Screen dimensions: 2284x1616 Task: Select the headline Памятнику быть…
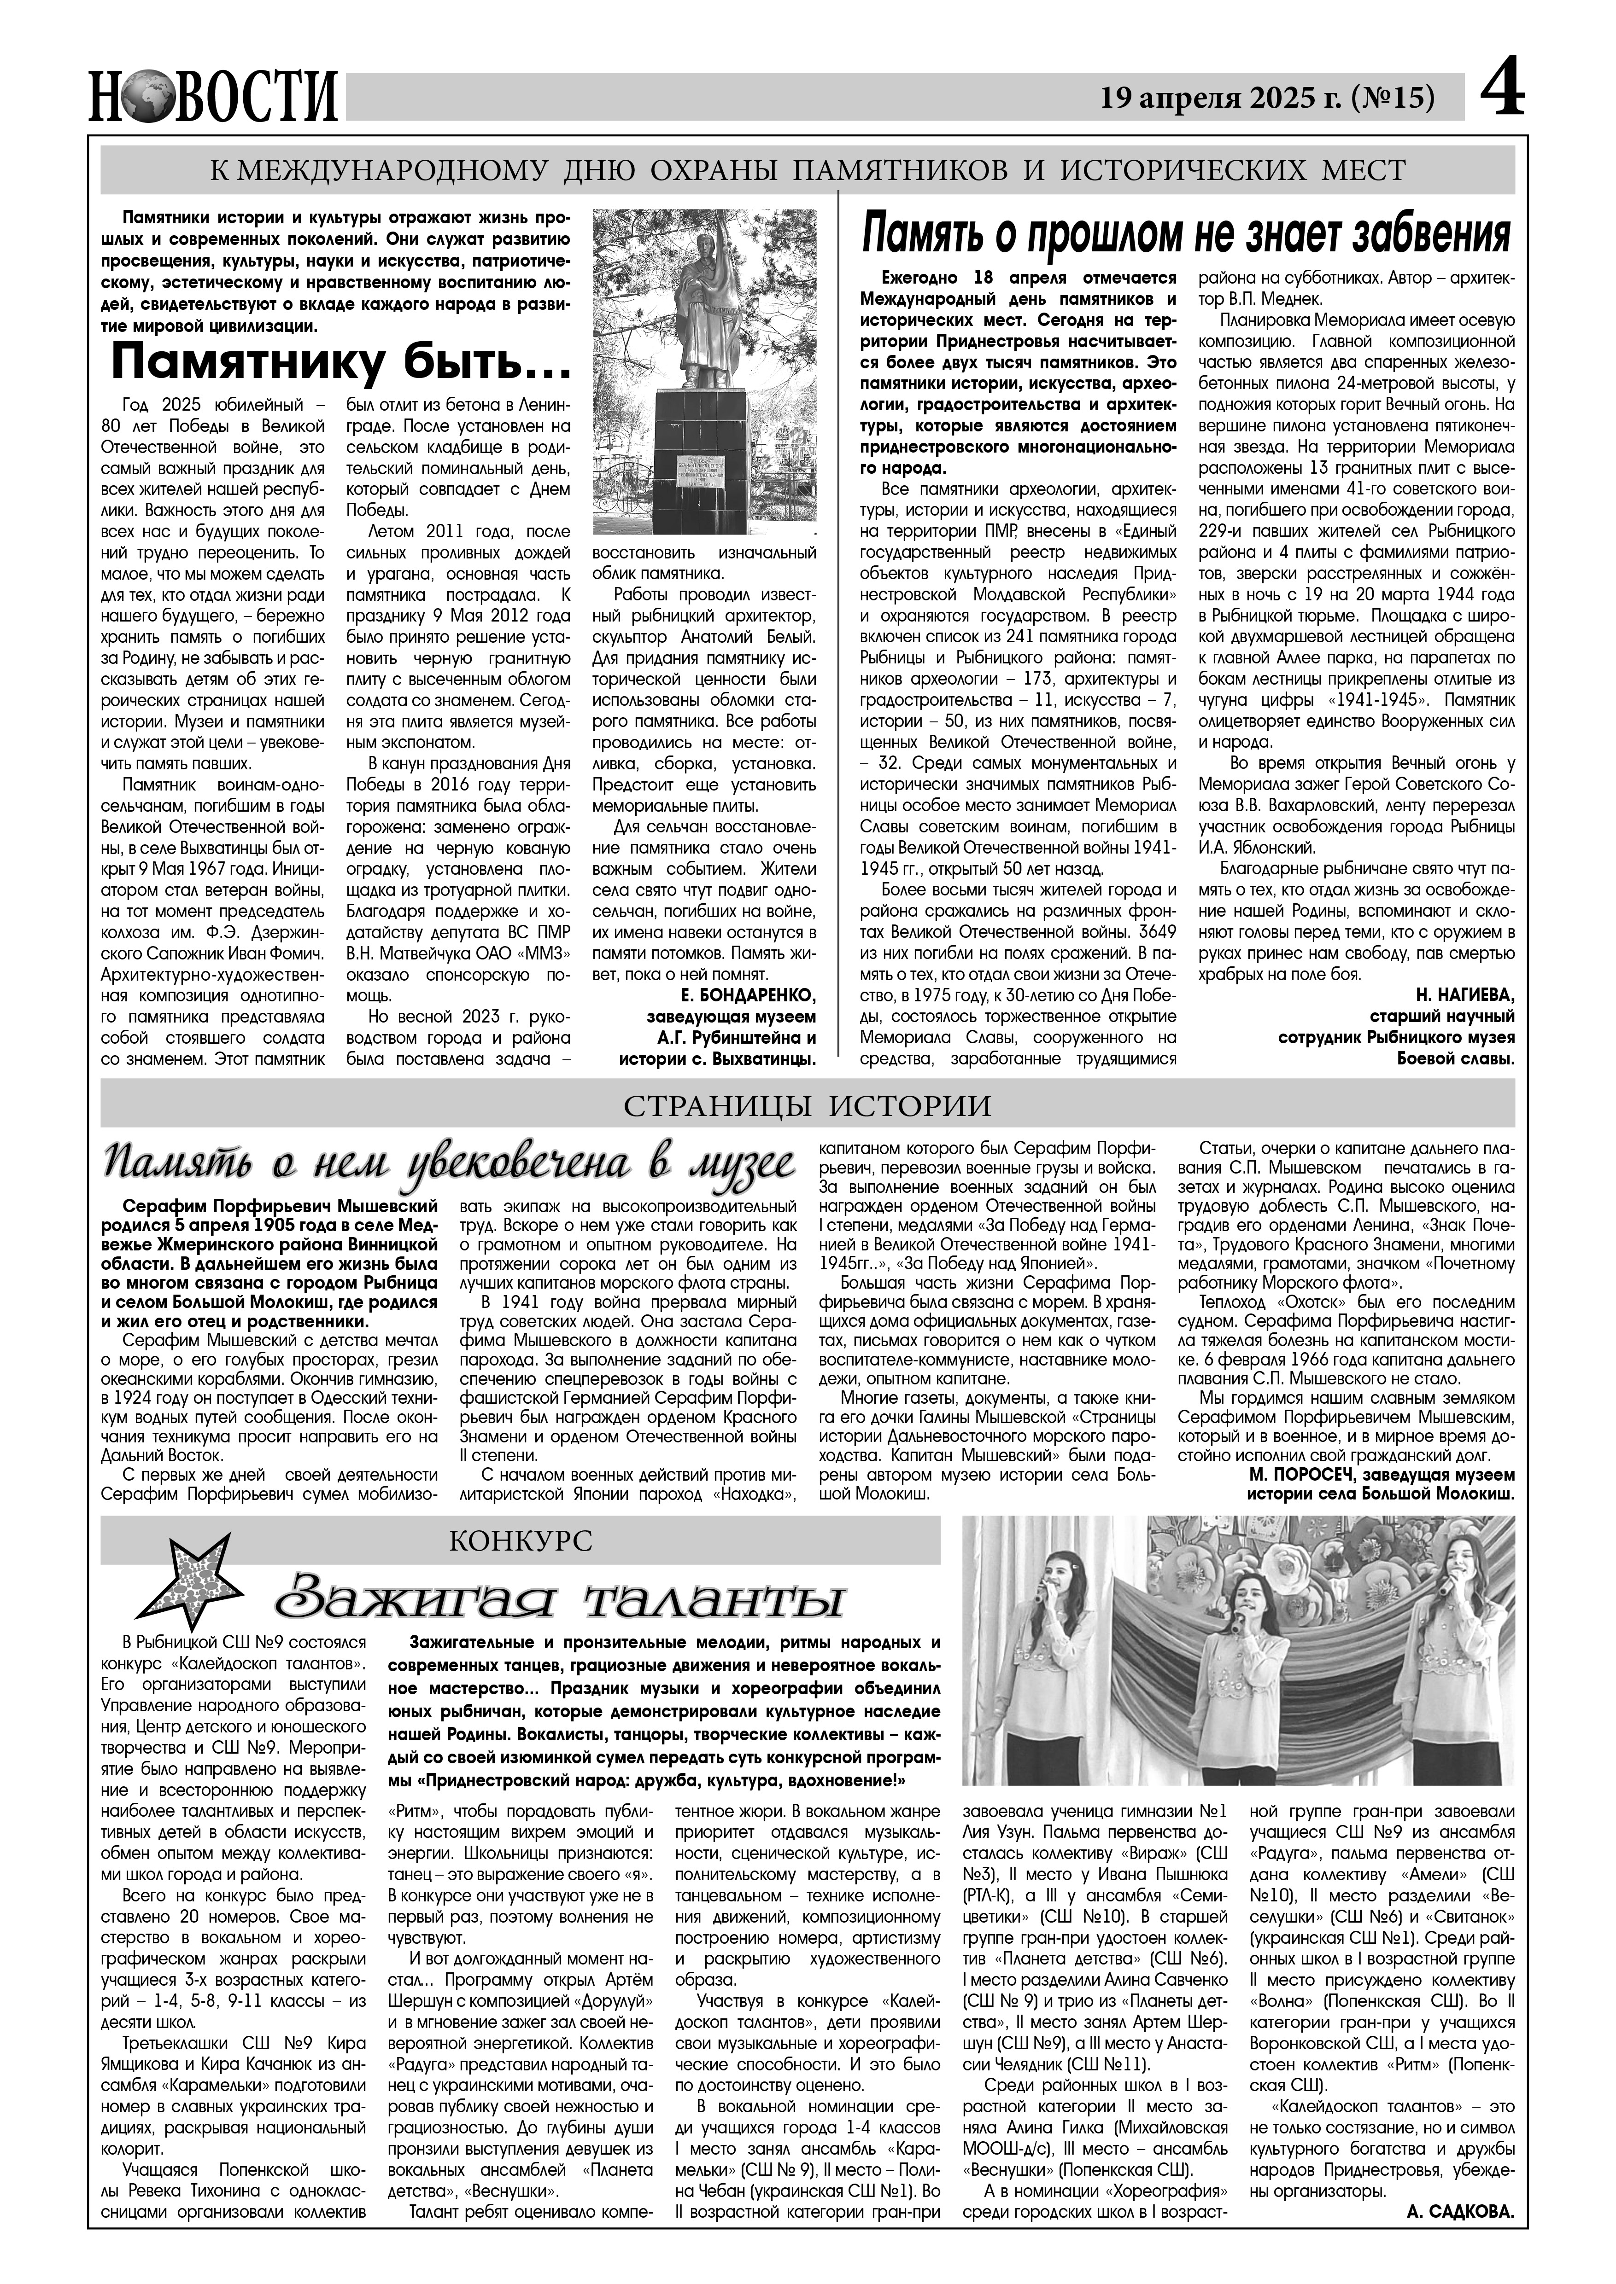coord(341,363)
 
